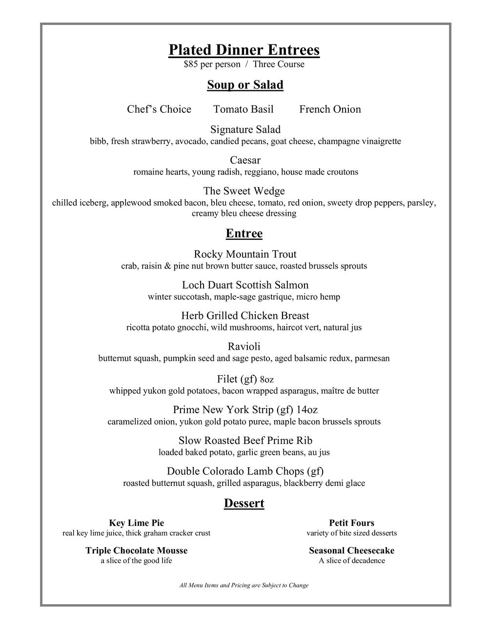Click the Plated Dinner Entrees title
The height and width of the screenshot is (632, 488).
click(244, 50)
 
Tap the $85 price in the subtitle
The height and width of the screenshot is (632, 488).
click(190, 64)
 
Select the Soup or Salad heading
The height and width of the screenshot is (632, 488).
click(245, 85)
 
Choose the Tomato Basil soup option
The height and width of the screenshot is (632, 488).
click(244, 109)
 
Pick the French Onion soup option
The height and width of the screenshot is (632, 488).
click(330, 109)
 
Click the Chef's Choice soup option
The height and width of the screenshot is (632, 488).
click(159, 109)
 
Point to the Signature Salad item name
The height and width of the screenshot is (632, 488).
click(245, 129)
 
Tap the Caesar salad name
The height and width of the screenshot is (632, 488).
click(245, 160)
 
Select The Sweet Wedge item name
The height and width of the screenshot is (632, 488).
click(244, 191)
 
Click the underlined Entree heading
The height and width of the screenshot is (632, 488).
click(244, 233)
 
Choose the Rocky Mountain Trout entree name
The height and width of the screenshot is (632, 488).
click(245, 254)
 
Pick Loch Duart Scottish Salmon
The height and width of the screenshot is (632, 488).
click(245, 285)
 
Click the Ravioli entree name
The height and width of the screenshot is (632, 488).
click(244, 347)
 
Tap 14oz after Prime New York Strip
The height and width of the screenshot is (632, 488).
click(307, 410)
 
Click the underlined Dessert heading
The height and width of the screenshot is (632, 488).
click(244, 504)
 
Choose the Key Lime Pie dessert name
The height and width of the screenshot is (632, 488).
click(136, 523)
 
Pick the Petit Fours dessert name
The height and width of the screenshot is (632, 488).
click(351, 523)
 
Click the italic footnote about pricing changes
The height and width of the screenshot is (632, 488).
click(244, 585)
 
